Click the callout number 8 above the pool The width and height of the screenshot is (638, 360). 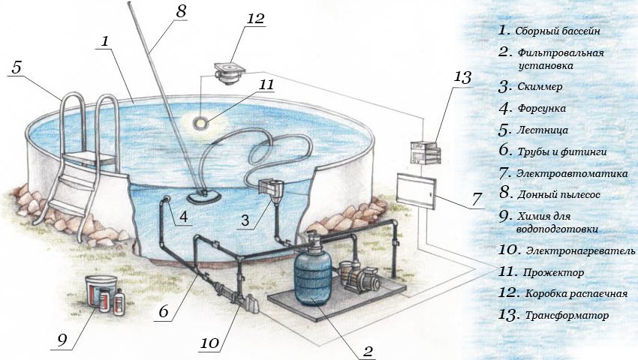click(181, 11)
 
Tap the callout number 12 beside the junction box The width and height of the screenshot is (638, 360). click(255, 19)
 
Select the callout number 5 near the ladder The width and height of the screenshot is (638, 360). click(17, 67)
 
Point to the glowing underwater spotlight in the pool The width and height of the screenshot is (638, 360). click(200, 122)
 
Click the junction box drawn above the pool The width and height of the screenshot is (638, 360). click(230, 73)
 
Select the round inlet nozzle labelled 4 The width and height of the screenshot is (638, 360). click(167, 199)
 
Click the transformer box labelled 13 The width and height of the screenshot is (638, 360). click(426, 152)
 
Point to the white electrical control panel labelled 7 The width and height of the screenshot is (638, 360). click(416, 190)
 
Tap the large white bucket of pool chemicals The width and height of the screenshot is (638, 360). click(100, 289)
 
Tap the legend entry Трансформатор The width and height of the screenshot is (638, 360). click(567, 316)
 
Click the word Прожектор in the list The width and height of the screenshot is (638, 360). click(553, 272)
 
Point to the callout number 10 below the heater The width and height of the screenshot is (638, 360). click(210, 343)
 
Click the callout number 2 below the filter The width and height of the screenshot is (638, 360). click(368, 352)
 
